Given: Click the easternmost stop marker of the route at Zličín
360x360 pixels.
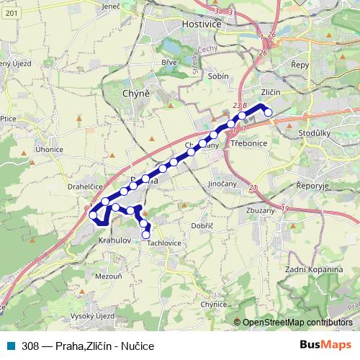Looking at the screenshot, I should point(268,112).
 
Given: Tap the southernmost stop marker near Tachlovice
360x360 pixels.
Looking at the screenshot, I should point(146,234).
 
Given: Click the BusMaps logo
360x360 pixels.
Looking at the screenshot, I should point(326,346).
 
